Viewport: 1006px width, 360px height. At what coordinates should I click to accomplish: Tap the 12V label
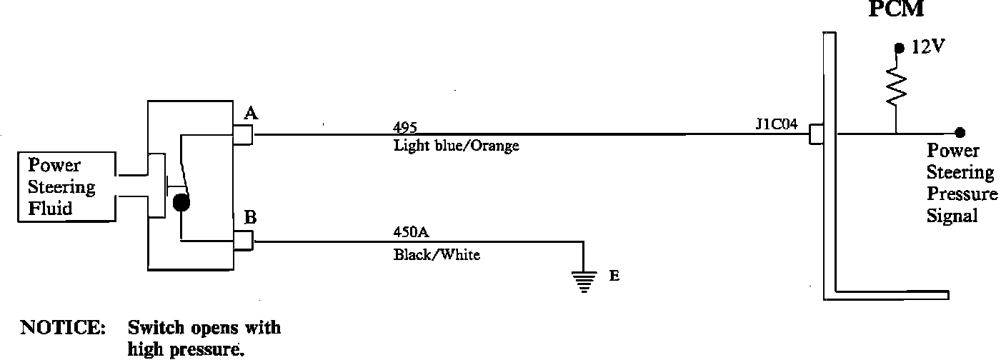[929, 48]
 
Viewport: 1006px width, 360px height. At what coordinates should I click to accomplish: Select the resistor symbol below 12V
[895, 86]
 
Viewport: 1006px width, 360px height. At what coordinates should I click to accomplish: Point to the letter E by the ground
[614, 276]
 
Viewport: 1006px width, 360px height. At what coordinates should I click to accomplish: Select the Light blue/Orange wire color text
[456, 146]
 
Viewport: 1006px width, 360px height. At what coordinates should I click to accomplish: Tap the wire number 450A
[410, 231]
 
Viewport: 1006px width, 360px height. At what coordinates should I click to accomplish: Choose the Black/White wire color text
[437, 254]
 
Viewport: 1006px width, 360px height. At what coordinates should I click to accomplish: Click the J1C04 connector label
[777, 123]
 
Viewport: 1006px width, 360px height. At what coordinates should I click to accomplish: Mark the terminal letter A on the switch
[251, 113]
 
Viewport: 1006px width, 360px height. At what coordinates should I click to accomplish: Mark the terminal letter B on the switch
[250, 218]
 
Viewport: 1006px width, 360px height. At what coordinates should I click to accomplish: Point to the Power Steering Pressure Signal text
[961, 183]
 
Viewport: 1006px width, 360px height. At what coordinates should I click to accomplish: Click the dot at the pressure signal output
[960, 133]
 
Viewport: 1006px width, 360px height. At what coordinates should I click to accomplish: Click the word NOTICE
[64, 329]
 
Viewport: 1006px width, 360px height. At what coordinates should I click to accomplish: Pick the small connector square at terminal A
[244, 134]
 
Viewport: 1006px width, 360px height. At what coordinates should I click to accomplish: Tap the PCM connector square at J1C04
[816, 134]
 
